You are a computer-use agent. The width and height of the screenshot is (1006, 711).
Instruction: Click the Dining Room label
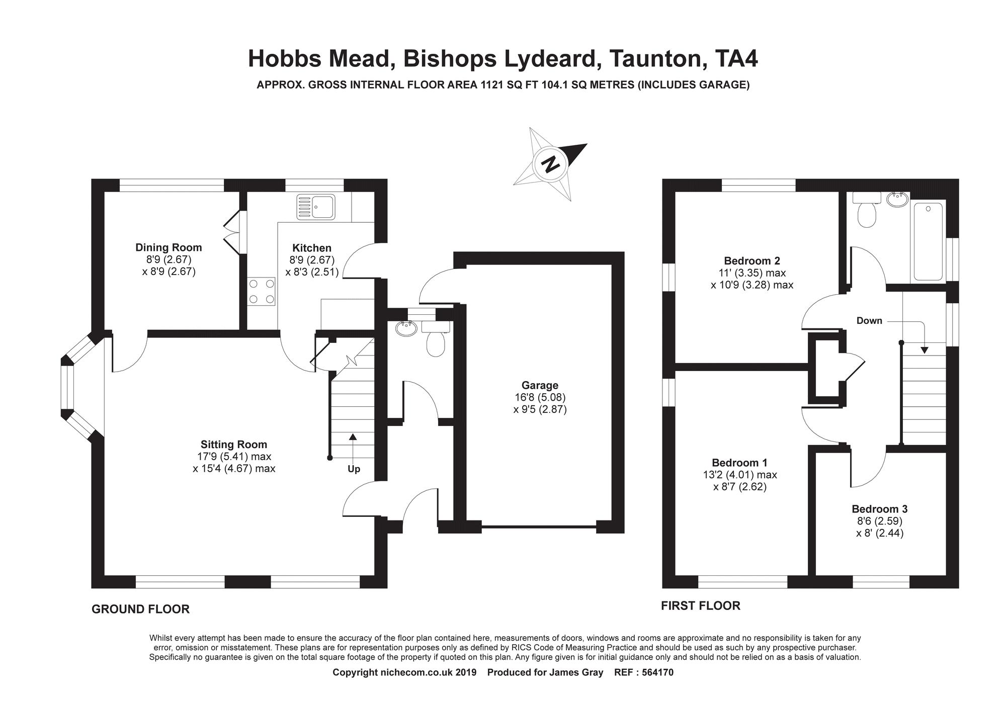tap(169, 247)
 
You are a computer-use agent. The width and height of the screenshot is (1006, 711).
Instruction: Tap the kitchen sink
tap(315, 207)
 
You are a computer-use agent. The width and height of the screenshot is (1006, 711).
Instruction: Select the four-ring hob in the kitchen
tap(262, 292)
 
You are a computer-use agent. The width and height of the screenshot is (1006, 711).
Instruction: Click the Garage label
tap(540, 386)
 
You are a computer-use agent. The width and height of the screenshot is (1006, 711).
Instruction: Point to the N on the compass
tap(551, 164)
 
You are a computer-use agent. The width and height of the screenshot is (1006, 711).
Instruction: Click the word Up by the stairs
tap(354, 469)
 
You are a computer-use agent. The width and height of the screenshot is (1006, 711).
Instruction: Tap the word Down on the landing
tap(869, 321)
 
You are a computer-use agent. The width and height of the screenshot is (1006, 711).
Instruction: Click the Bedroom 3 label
tap(879, 509)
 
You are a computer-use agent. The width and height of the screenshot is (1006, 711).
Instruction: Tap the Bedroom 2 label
tap(751, 261)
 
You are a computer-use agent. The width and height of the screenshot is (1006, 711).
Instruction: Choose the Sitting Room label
tap(234, 445)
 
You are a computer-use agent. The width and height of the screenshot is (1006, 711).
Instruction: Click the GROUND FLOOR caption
tap(140, 609)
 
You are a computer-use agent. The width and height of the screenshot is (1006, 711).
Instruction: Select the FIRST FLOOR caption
tap(700, 606)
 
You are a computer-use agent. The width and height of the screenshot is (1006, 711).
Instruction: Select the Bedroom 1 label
tap(739, 463)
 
